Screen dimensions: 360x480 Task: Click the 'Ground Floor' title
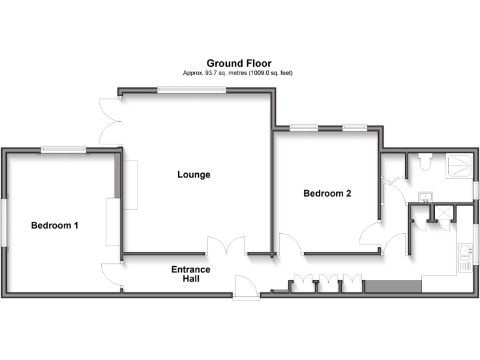point(239,63)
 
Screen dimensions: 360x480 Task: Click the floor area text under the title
point(239,73)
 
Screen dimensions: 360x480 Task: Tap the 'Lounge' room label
point(193,175)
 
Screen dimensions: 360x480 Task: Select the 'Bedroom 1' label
point(54,225)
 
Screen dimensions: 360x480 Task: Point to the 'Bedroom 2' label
point(327,194)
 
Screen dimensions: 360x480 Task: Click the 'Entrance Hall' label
point(191,274)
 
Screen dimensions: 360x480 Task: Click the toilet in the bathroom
point(426,162)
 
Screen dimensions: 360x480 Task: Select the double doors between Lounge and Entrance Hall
point(227,246)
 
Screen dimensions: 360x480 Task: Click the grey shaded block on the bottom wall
point(392,286)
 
